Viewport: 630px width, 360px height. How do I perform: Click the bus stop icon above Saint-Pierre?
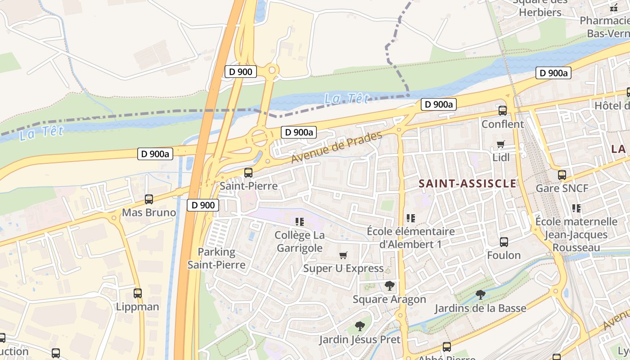tap(248, 172)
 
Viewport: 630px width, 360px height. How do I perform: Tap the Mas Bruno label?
tap(149, 212)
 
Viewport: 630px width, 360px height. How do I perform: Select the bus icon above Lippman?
tap(138, 293)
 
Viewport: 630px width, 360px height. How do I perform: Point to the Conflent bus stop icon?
tap(503, 110)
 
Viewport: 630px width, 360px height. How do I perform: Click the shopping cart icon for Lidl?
tap(501, 144)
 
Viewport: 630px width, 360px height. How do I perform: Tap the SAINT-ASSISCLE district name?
tap(468, 184)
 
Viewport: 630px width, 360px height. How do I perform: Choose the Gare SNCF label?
tap(562, 188)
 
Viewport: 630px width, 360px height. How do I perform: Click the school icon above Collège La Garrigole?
tap(300, 221)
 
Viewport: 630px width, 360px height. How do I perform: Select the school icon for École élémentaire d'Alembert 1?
tap(410, 218)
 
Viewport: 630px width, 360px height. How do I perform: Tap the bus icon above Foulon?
tap(504, 242)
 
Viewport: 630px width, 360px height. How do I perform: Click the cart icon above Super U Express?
tap(343, 255)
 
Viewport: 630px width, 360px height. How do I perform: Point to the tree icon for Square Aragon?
tap(389, 285)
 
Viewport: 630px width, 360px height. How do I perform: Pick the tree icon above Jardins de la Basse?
tap(480, 294)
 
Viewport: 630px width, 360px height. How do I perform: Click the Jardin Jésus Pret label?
tap(360, 339)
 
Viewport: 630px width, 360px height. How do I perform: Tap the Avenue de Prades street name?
tap(337, 147)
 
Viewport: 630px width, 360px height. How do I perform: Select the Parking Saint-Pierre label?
tap(216, 258)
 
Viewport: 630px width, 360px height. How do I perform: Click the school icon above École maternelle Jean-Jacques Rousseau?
tap(576, 208)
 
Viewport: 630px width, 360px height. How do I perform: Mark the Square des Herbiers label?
tap(540, 7)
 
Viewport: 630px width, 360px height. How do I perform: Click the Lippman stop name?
tap(138, 307)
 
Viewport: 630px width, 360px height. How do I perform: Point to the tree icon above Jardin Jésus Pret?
tap(360, 326)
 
